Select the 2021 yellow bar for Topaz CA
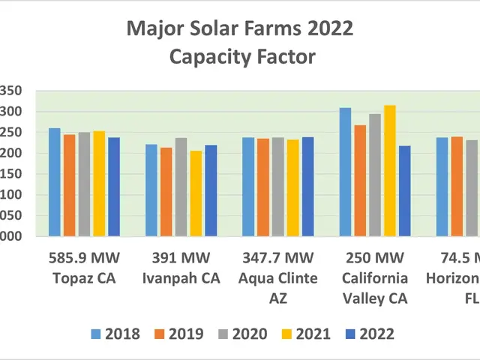[x=99, y=184]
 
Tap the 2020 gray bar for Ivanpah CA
[x=181, y=187]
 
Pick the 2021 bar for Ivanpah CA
[x=196, y=194]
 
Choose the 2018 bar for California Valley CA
[x=345, y=172]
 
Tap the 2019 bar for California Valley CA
[x=360, y=181]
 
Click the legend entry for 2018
[x=115, y=334]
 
